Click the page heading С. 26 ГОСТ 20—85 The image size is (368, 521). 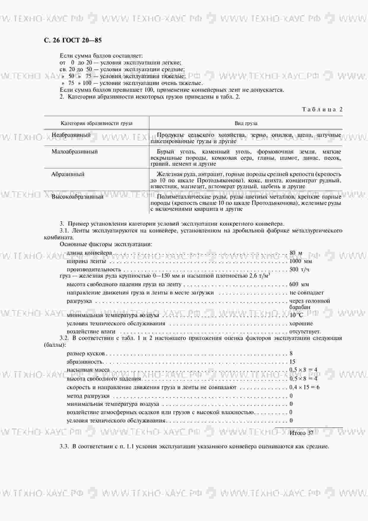click(x=73, y=40)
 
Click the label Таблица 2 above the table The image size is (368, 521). click(x=322, y=109)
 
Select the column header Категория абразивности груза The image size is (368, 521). click(x=96, y=123)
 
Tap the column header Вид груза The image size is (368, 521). click(x=246, y=123)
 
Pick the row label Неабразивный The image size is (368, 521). click(x=71, y=135)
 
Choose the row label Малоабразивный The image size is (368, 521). click(x=74, y=152)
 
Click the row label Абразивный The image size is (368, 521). click(x=68, y=174)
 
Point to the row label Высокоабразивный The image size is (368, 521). click(x=77, y=197)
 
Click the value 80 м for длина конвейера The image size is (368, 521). click(x=296, y=253)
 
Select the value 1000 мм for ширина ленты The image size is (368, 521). click(x=301, y=261)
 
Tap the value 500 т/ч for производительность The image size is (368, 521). click(x=300, y=270)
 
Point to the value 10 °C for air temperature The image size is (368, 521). click(x=296, y=315)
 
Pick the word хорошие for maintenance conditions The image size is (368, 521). click(x=301, y=324)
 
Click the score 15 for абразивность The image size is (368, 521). click(x=292, y=362)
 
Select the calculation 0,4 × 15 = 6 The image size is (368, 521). click(x=304, y=387)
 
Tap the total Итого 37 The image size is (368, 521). click(x=301, y=433)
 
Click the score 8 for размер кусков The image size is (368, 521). click(x=291, y=353)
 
